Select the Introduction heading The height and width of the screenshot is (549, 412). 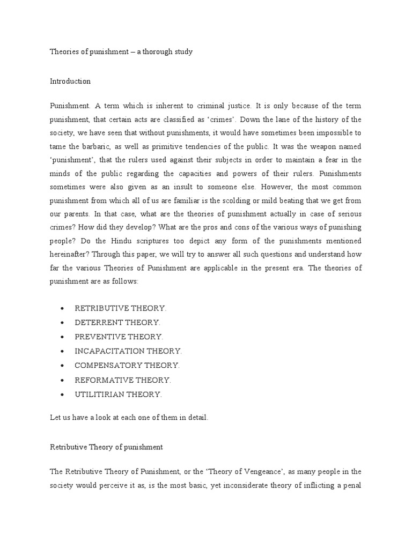click(x=70, y=81)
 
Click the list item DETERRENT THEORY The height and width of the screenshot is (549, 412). click(x=117, y=323)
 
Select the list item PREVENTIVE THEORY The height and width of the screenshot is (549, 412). click(x=119, y=337)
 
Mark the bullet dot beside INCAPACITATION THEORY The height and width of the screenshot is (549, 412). click(x=63, y=351)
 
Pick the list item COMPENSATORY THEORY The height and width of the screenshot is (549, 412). click(x=127, y=365)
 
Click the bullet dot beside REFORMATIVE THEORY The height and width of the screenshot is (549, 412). click(x=63, y=380)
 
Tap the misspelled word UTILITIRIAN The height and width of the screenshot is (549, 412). click(x=100, y=394)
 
